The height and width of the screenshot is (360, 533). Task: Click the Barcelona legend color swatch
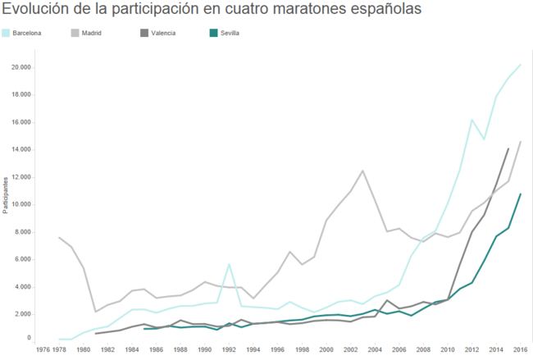point(7,33)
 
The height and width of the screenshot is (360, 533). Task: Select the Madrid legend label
point(92,33)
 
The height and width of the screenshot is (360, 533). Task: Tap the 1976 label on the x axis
point(42,349)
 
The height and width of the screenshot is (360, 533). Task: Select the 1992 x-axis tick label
point(229,349)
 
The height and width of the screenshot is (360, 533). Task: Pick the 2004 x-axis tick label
point(374,349)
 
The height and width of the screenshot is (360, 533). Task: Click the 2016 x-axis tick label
point(520,349)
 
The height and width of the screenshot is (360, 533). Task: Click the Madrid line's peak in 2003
point(362,171)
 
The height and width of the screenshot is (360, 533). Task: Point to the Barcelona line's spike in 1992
point(229,264)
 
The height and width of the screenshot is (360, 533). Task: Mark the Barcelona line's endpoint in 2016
point(520,65)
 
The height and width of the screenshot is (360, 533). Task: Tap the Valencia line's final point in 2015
point(508,148)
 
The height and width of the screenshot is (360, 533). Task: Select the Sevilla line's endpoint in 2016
point(520,194)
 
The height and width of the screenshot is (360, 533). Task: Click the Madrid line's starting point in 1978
point(59,238)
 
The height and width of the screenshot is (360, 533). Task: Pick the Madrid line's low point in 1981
point(96,312)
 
